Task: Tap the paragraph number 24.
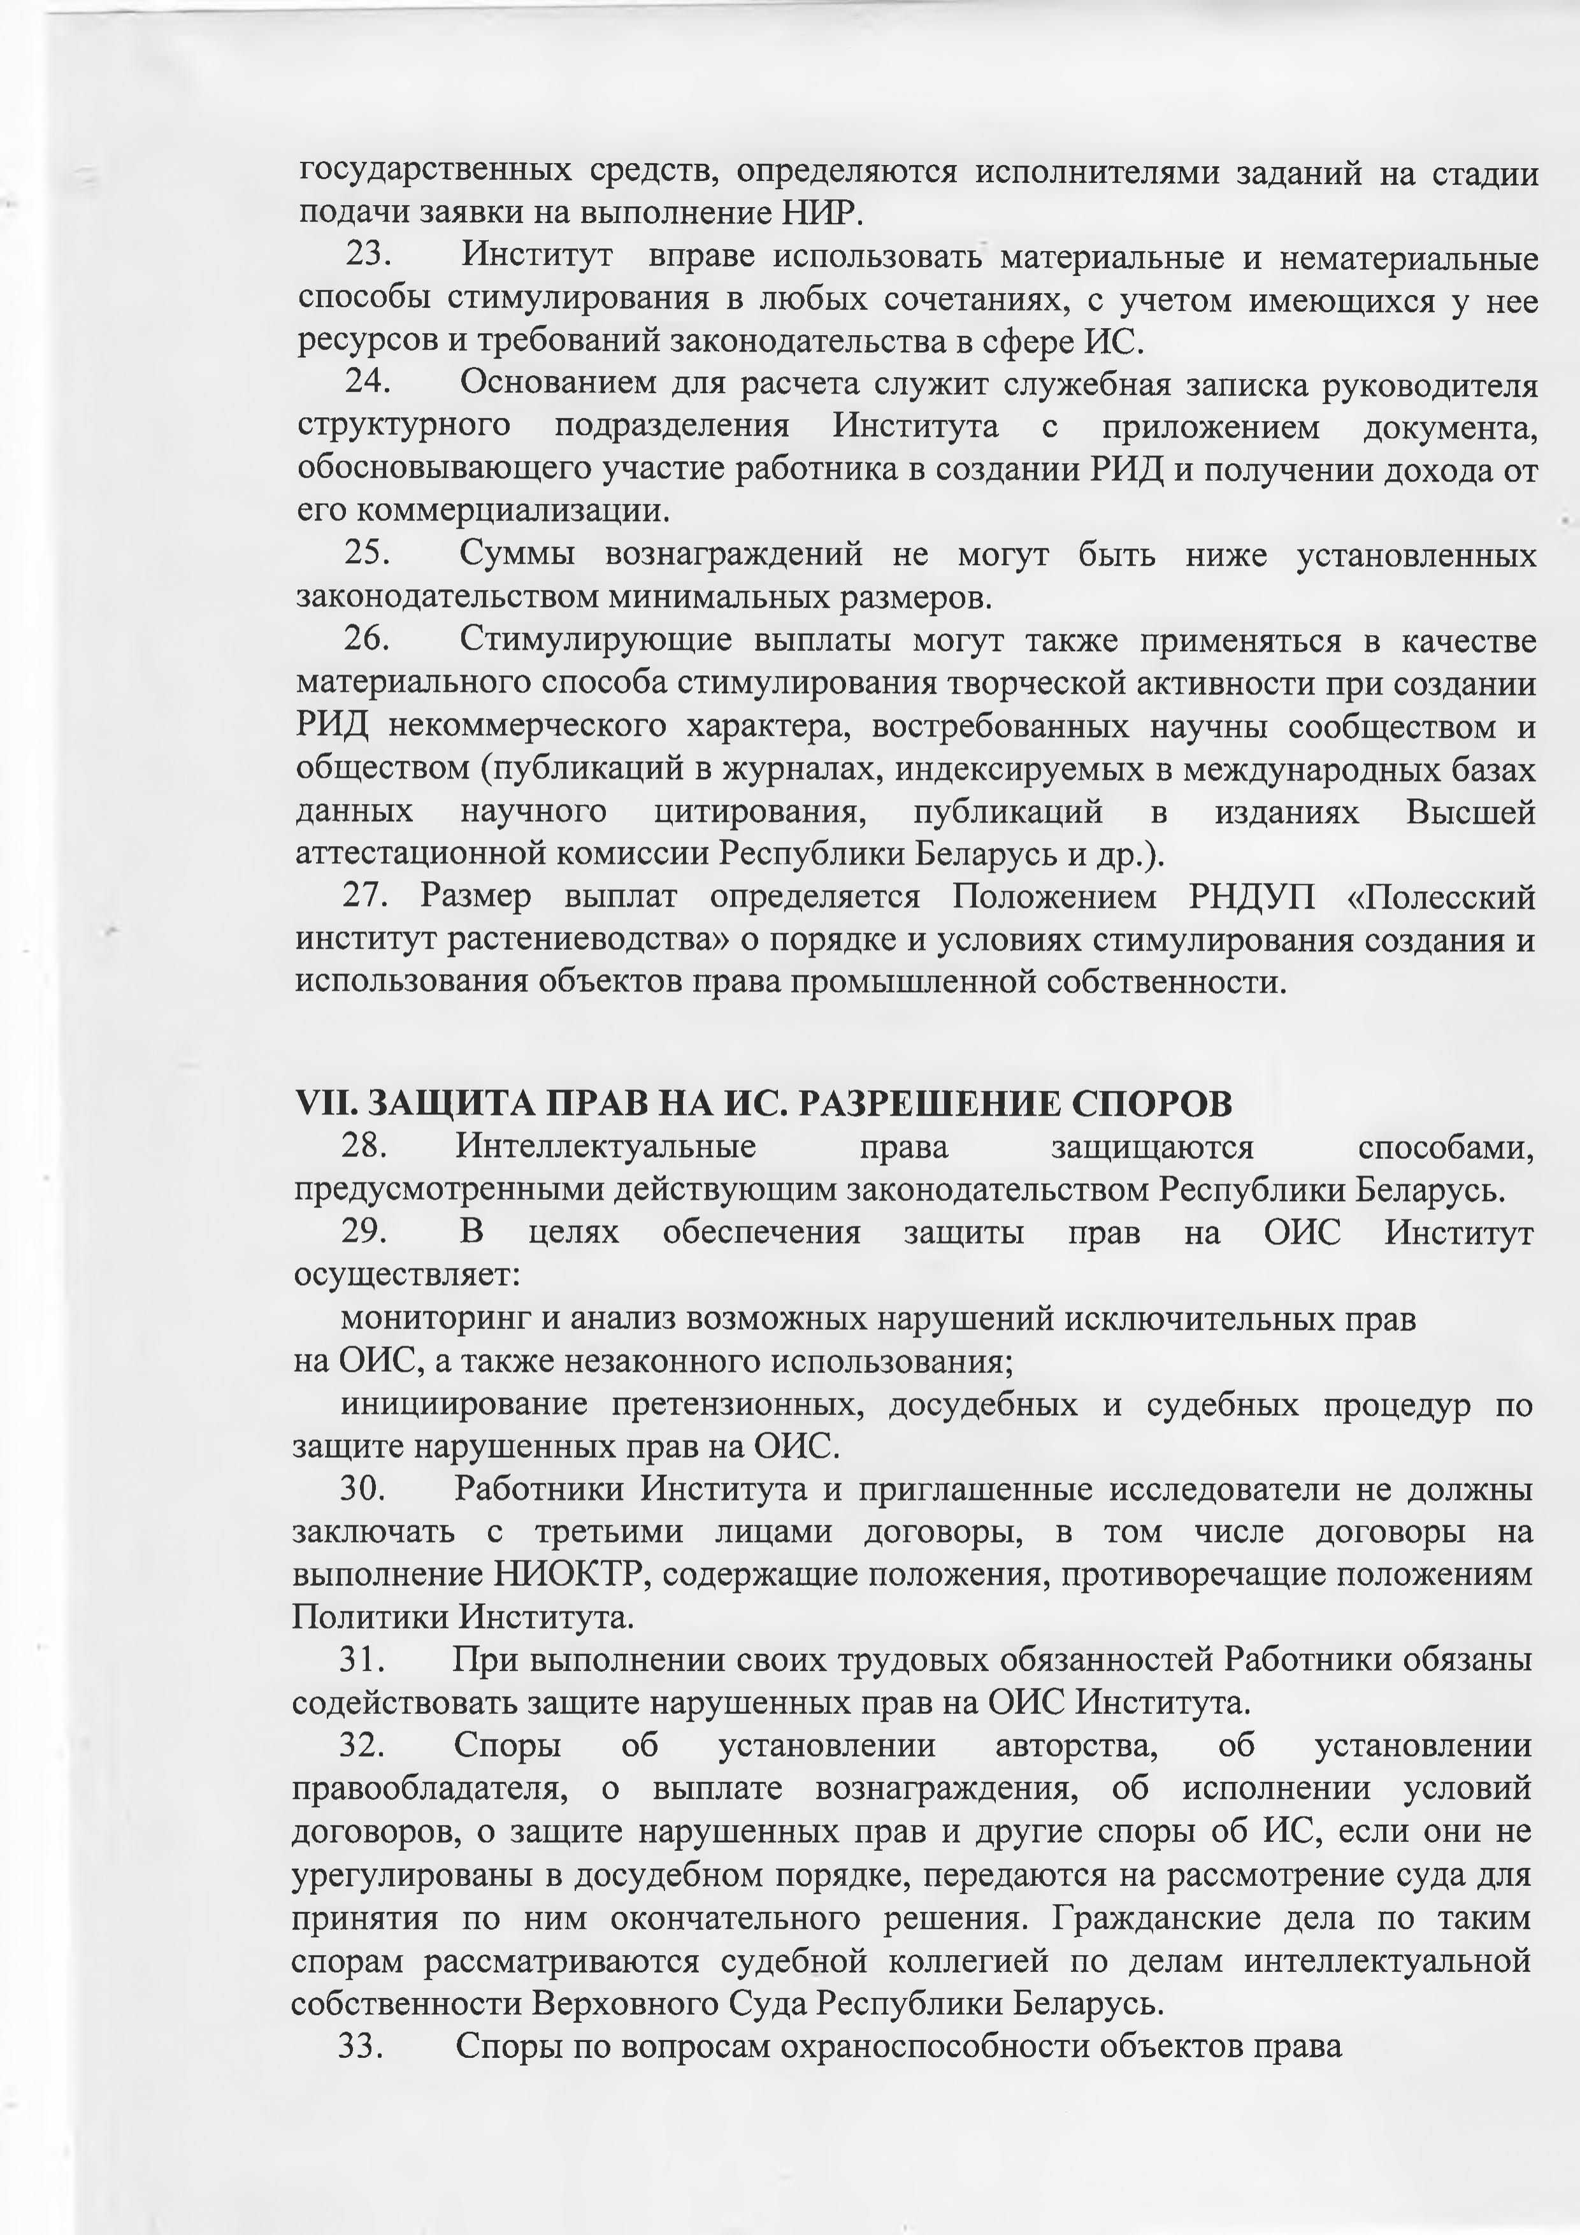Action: point(368,382)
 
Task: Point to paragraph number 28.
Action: point(364,1147)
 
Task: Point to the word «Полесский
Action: point(1439,896)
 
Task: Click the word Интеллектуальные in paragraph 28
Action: point(605,1147)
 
